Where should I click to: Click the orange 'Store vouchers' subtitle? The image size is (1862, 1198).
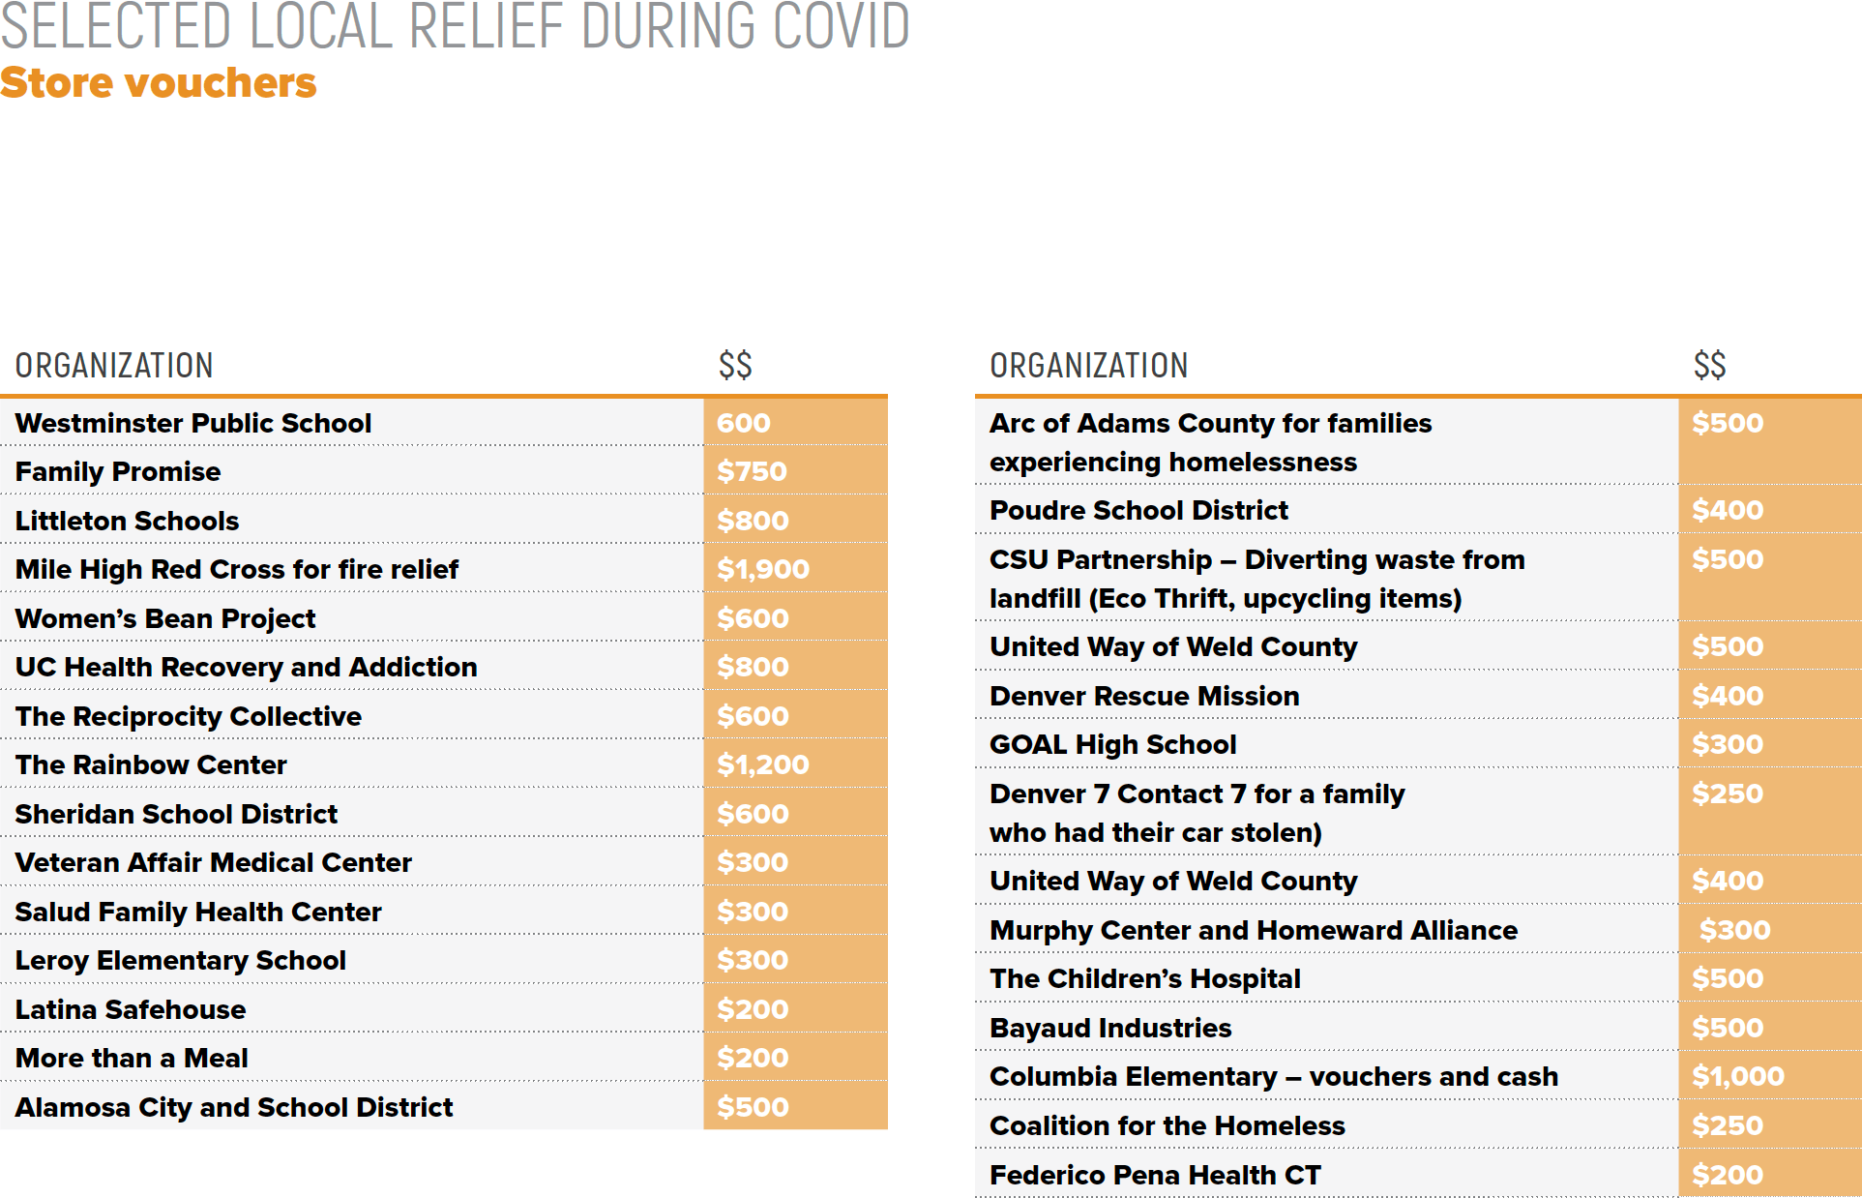pyautogui.click(x=158, y=83)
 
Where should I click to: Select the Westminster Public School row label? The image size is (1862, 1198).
pyautogui.click(x=192, y=423)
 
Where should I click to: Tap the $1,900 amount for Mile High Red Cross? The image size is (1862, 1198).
pyautogui.click(x=762, y=569)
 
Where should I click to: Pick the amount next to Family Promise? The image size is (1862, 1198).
pyautogui.click(x=752, y=471)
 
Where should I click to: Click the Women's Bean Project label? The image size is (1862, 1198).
pyautogui.click(x=165, y=618)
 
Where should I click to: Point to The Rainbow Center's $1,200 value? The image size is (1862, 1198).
pyautogui.click(x=762, y=764)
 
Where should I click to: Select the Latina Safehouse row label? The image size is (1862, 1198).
pyautogui.click(x=131, y=1009)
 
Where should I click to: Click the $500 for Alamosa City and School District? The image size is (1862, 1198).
pyautogui.click(x=753, y=1107)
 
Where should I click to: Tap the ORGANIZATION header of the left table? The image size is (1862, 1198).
pyautogui.click(x=114, y=366)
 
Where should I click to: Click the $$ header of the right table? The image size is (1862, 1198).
pyautogui.click(x=1709, y=366)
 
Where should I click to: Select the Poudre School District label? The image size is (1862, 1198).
pyautogui.click(x=1138, y=510)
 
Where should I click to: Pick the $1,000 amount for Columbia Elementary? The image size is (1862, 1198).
pyautogui.click(x=1737, y=1076)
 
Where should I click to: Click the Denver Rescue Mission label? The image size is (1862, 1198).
pyautogui.click(x=1144, y=696)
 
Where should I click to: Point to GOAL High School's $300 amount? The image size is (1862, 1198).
pyautogui.click(x=1727, y=744)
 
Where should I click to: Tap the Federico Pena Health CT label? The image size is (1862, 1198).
pyautogui.click(x=1155, y=1175)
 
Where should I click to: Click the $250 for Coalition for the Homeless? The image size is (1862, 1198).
pyautogui.click(x=1727, y=1125)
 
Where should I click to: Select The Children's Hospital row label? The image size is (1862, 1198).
pyautogui.click(x=1145, y=978)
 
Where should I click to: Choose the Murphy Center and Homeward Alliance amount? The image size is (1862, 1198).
pyautogui.click(x=1734, y=930)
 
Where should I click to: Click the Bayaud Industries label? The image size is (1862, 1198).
pyautogui.click(x=1110, y=1028)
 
